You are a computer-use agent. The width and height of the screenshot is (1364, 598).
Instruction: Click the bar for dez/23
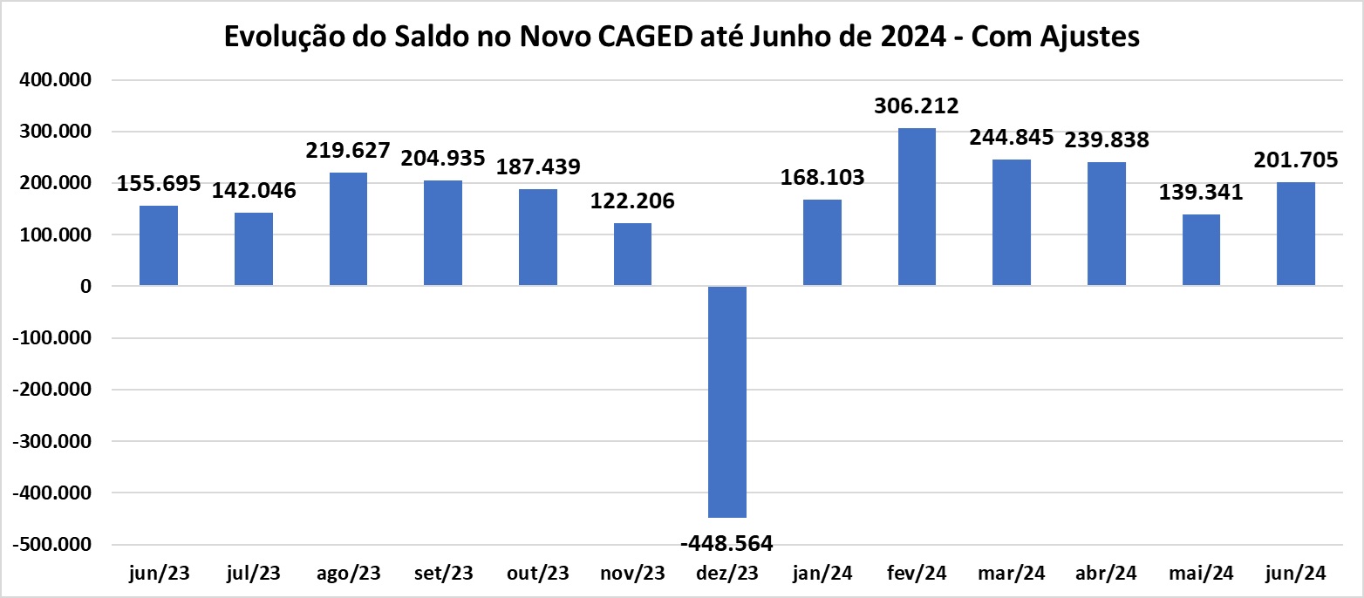tap(727, 401)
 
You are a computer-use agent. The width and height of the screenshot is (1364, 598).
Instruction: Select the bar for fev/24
tap(917, 207)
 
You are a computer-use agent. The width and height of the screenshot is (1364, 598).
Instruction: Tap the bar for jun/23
tap(159, 246)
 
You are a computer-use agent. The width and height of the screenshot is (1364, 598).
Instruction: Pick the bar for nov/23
tap(632, 255)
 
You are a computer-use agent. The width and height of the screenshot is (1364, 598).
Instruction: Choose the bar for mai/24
tap(1201, 250)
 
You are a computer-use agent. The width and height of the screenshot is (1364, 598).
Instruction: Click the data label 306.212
tap(916, 106)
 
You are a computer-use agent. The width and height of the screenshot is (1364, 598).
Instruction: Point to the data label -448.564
tap(726, 543)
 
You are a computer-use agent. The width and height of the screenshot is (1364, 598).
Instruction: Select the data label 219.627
tap(348, 150)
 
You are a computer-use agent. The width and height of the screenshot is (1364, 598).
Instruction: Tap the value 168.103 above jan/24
tap(822, 178)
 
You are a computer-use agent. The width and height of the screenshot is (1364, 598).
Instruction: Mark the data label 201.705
tap(1295, 160)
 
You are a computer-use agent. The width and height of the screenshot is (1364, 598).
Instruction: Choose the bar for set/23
tap(443, 233)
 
